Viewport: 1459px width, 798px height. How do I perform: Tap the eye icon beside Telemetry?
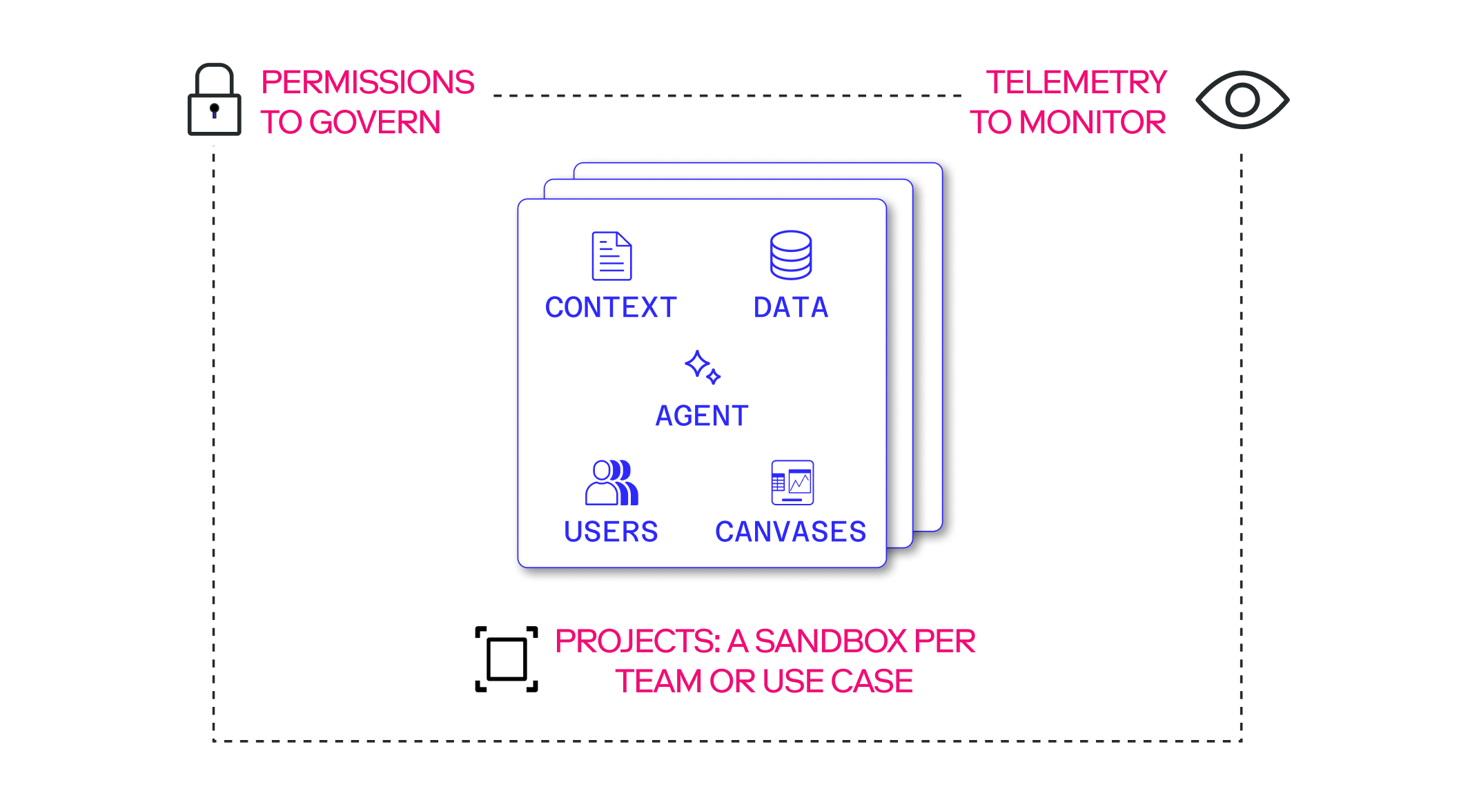point(1242,100)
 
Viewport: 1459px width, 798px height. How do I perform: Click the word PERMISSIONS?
point(368,82)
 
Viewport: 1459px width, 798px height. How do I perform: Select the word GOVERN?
point(375,122)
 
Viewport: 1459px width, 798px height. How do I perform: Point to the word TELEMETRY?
point(1077,82)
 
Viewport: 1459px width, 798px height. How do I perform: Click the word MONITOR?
point(1093,122)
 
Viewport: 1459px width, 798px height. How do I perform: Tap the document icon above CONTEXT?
point(611,256)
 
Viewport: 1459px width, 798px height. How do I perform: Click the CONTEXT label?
point(611,307)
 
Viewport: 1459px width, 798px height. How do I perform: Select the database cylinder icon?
point(791,255)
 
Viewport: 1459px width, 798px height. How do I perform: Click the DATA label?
point(791,307)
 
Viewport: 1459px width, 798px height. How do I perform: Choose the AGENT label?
point(702,416)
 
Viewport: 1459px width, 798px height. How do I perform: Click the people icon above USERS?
point(611,483)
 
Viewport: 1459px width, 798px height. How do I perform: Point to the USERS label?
point(611,532)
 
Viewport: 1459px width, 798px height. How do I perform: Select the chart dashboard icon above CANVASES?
point(792,483)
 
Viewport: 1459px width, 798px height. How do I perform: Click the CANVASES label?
point(791,532)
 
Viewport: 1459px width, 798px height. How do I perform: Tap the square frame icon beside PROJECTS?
point(507,659)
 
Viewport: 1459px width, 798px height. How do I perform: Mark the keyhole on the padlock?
point(215,110)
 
